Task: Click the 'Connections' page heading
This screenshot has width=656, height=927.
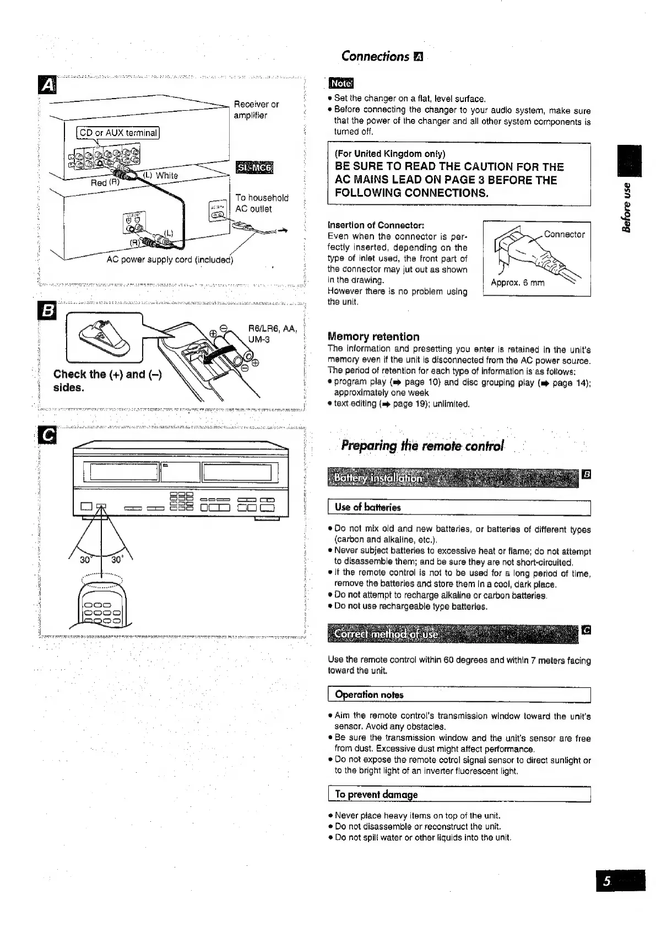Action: point(375,56)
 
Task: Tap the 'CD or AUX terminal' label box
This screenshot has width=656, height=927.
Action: point(118,132)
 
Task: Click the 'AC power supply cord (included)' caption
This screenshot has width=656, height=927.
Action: point(170,259)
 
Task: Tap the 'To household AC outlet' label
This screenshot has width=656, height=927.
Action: point(261,203)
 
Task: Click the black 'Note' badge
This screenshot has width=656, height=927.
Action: point(341,83)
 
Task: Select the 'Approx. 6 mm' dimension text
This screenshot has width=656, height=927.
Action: point(517,283)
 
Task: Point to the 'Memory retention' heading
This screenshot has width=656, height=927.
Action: point(373,337)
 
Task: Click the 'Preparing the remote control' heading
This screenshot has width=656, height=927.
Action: point(422,445)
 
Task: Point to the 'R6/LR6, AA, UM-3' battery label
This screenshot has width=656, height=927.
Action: point(272,334)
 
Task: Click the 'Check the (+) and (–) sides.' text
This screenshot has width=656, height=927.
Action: point(107,381)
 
